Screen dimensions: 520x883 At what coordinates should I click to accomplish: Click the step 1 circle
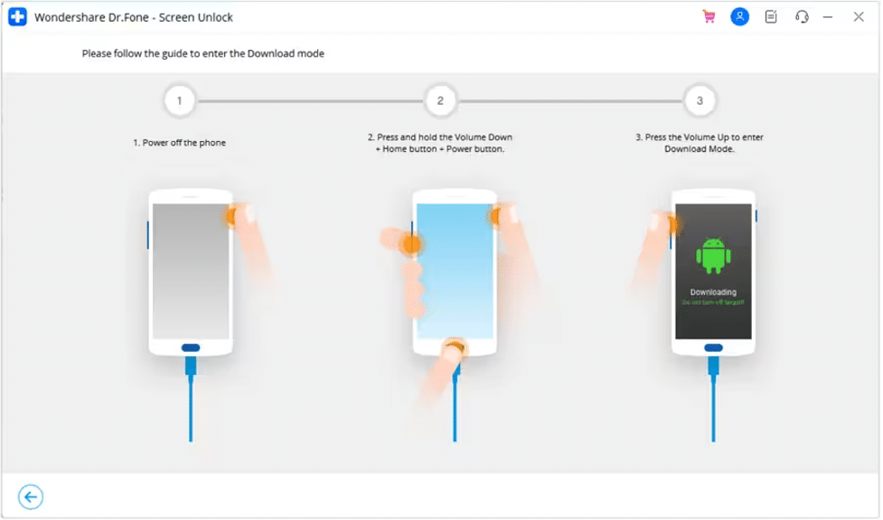coord(180,100)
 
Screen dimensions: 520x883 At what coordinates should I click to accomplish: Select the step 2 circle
coord(440,100)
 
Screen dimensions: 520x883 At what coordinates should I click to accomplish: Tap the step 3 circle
coord(700,100)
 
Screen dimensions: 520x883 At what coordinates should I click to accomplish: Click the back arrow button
coord(31,496)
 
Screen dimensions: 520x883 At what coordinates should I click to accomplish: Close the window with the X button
coord(858,16)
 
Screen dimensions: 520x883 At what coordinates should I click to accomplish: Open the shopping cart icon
coord(709,16)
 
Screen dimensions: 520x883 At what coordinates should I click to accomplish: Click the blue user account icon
coord(739,16)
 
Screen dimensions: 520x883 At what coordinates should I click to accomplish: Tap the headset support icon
coord(801,16)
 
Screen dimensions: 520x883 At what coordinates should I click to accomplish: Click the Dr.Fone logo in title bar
coord(16,16)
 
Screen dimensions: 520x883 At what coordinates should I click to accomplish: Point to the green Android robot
coord(713,255)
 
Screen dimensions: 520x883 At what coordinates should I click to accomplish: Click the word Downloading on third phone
coord(713,292)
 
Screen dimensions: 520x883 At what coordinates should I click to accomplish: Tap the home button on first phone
coord(191,347)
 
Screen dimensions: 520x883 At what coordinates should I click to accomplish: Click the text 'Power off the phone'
coord(184,143)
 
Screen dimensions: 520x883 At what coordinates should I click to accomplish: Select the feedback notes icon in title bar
coord(770,16)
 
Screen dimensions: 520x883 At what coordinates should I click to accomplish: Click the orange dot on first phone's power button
coord(233,215)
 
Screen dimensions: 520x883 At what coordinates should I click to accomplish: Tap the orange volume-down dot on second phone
coord(411,242)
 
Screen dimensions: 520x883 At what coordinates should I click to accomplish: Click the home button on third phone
coord(713,347)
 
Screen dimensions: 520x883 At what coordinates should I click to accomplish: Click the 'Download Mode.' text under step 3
coord(700,149)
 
